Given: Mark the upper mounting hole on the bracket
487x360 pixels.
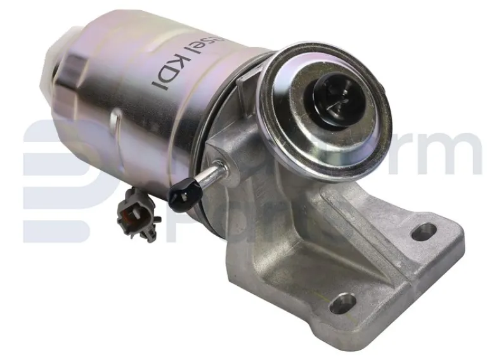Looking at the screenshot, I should click(423, 232).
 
